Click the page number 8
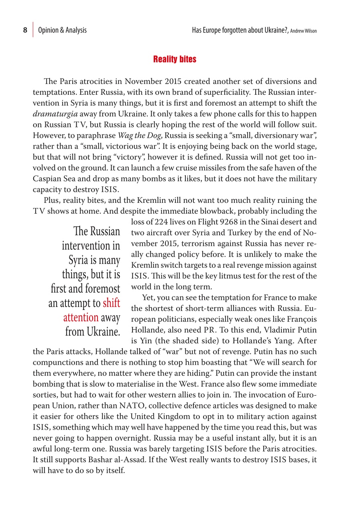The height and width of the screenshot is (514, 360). coord(25,30)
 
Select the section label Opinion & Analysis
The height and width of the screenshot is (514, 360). coord(62,30)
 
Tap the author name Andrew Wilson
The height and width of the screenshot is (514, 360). coord(304,31)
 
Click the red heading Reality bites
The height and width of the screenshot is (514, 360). coord(175,59)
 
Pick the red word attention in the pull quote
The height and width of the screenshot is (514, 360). coord(81,317)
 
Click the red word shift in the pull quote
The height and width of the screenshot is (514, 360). coord(111,303)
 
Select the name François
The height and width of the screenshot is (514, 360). coord(301,319)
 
